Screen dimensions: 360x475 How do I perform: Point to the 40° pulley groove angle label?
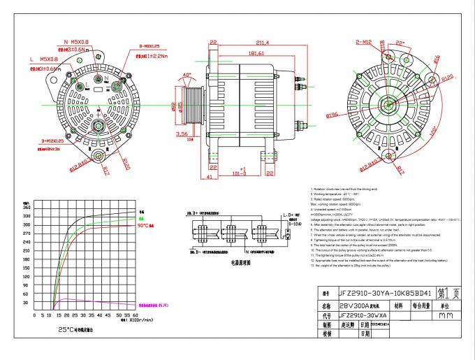(x=187, y=74)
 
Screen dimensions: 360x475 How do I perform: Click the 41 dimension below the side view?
(x=210, y=176)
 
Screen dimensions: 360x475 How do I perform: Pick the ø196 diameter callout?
(x=332, y=114)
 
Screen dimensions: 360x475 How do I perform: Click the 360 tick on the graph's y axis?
(x=26, y=208)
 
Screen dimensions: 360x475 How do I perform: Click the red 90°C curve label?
(x=145, y=226)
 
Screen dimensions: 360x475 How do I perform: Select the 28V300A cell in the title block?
(x=353, y=305)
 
